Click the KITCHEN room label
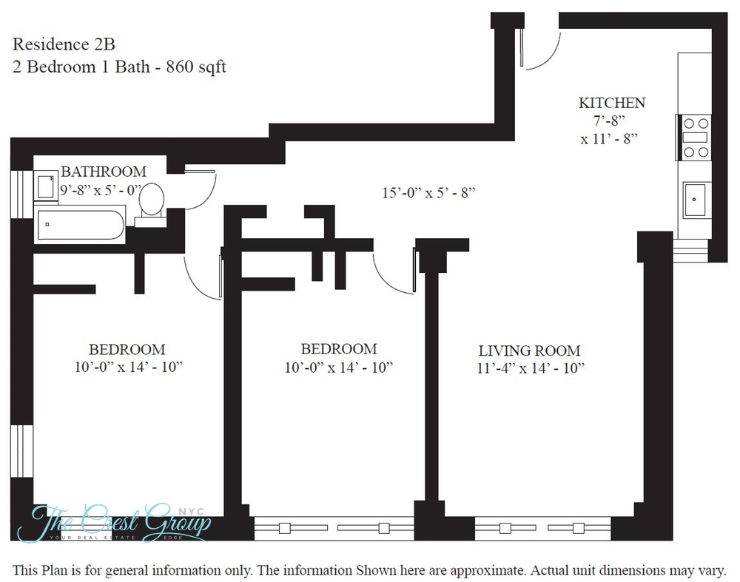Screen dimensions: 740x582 tap(611, 103)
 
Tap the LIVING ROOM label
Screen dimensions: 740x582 tap(528, 351)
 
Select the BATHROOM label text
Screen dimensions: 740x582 tap(103, 172)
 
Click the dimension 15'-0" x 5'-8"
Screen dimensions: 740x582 tap(428, 193)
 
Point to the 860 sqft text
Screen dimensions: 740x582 tap(195, 67)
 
